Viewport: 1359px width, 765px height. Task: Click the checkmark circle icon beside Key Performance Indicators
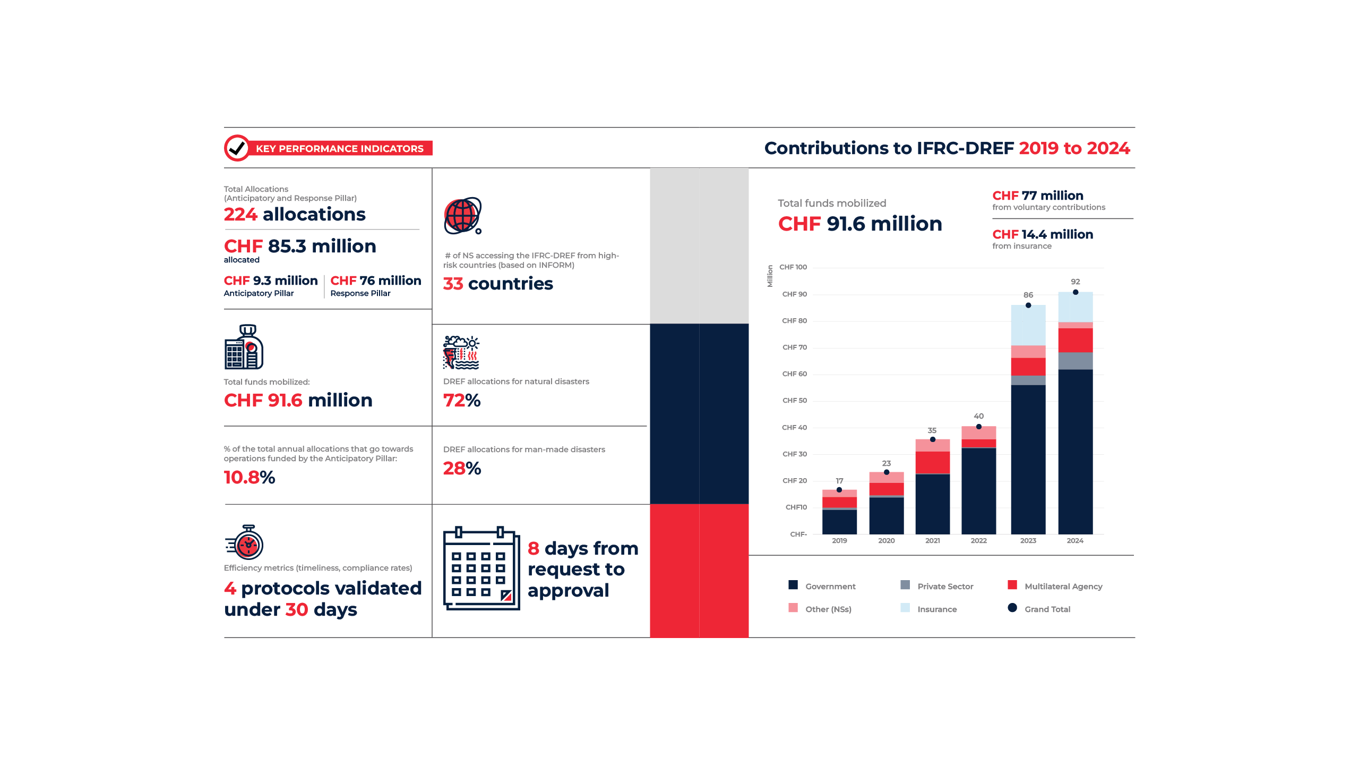point(237,148)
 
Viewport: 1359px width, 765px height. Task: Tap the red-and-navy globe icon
point(462,216)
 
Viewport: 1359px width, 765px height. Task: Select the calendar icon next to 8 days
point(481,568)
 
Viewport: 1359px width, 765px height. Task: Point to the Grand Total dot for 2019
point(839,490)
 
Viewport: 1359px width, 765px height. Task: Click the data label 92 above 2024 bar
point(1075,282)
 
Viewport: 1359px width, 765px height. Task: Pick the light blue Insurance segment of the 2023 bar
point(1028,325)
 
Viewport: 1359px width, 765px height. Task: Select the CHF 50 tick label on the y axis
point(794,401)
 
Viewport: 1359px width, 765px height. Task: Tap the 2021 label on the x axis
point(932,541)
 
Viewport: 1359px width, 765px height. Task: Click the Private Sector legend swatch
point(905,585)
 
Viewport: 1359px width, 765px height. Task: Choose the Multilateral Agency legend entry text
point(1063,586)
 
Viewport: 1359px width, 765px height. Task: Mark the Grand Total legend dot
point(1012,608)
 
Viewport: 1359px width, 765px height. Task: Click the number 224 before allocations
point(240,214)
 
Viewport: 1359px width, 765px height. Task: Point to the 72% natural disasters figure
point(462,400)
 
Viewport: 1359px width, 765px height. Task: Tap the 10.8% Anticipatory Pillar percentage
point(250,477)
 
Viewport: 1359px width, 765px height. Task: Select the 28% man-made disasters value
point(462,468)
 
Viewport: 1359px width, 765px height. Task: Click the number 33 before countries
point(453,284)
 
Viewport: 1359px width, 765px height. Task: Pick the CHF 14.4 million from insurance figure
point(1042,234)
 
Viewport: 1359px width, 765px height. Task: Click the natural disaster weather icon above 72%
point(461,352)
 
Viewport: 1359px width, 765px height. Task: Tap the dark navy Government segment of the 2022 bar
point(978,491)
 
